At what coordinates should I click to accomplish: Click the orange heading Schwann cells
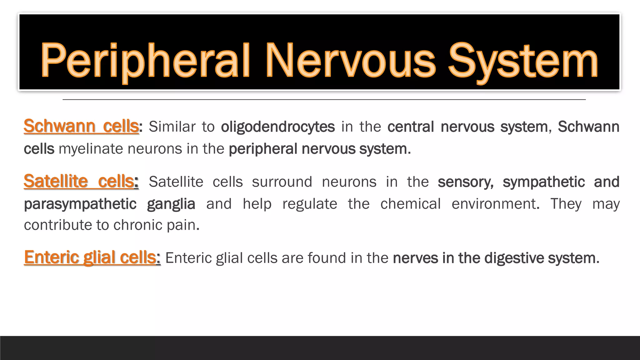(81, 126)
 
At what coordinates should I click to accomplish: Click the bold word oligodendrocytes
(278, 127)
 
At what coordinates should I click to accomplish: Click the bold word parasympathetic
(80, 204)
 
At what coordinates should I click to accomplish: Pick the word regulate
(310, 204)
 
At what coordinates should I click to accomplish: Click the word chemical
(410, 204)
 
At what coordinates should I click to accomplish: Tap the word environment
(495, 204)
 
